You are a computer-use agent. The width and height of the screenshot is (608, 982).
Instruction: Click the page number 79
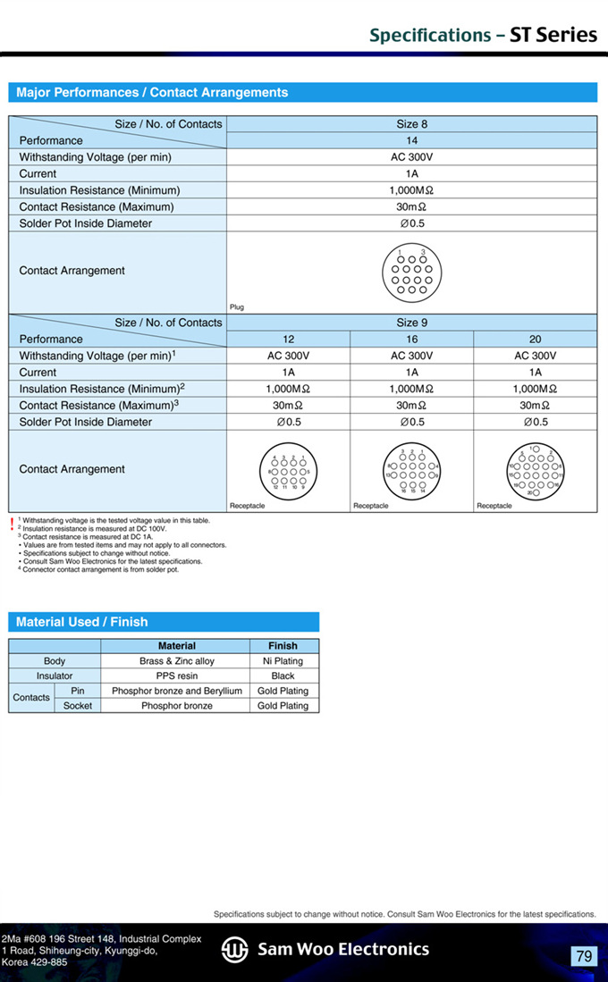click(x=584, y=956)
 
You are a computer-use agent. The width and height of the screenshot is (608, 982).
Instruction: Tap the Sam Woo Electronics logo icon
click(x=235, y=950)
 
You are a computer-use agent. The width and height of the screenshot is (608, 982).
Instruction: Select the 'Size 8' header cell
click(x=412, y=124)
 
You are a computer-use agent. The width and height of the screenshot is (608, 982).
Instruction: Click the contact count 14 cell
click(x=412, y=140)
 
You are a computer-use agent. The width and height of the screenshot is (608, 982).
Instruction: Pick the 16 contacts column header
click(x=412, y=340)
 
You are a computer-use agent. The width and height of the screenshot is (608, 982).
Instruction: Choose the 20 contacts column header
click(x=536, y=340)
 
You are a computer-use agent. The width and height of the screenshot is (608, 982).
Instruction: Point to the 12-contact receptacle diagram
click(x=289, y=469)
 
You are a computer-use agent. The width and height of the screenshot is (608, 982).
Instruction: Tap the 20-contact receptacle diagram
click(x=536, y=469)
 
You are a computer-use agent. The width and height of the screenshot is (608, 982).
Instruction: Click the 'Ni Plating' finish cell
click(x=283, y=661)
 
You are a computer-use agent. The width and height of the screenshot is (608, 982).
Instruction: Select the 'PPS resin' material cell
click(x=176, y=676)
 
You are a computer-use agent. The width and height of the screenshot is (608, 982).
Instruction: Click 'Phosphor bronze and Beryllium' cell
click(x=176, y=691)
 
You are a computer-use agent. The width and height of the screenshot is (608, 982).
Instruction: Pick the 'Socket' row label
click(x=78, y=706)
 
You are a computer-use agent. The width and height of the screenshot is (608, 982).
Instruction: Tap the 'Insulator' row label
click(x=55, y=676)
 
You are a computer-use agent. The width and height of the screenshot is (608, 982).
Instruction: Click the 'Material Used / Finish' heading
click(x=82, y=622)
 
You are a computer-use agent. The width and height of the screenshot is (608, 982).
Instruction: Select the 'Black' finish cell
click(x=283, y=676)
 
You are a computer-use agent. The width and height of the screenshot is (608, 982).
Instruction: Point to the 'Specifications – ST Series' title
click(x=483, y=36)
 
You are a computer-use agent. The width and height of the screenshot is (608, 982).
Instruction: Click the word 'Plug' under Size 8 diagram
click(x=237, y=307)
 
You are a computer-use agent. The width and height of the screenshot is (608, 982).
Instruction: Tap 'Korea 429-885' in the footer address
click(x=35, y=962)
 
